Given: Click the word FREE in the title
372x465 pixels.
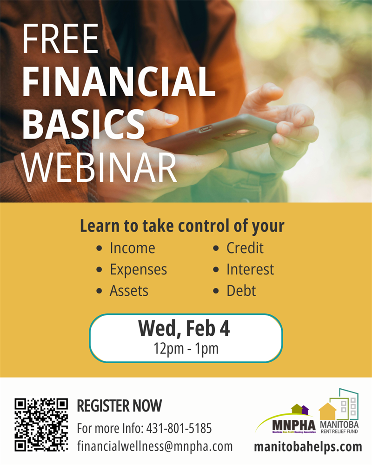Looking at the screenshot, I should [60, 41].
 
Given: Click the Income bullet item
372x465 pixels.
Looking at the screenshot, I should [132, 248].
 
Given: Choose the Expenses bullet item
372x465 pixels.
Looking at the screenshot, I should [138, 270].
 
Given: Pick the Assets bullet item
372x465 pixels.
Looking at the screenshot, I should [129, 291].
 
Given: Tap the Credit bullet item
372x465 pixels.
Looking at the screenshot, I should [245, 248].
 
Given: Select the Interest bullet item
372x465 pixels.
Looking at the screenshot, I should [250, 270].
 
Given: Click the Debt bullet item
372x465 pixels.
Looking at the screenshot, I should [241, 291].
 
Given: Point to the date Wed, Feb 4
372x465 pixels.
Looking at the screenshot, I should [184, 329].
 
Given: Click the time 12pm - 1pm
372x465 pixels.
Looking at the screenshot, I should [186, 349].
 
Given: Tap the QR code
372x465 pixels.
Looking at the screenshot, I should [41, 424].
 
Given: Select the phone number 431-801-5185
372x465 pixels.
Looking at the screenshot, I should [179, 427].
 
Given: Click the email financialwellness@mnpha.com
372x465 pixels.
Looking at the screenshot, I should [154, 446].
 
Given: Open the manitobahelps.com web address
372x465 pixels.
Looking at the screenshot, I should [308, 447].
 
